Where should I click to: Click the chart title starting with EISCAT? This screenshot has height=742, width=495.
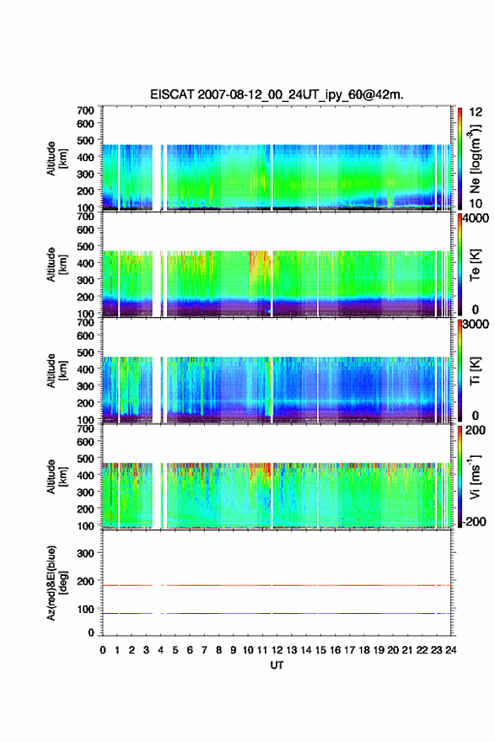[x=277, y=94]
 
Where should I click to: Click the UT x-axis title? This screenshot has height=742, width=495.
[x=277, y=665]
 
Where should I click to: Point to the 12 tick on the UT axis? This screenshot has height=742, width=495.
[x=277, y=650]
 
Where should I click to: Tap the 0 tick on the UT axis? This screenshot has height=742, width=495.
[x=103, y=650]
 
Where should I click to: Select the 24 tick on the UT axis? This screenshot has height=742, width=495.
[x=450, y=650]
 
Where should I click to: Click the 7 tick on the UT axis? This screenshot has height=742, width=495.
[x=204, y=650]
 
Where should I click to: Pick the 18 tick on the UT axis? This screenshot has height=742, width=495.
[x=364, y=650]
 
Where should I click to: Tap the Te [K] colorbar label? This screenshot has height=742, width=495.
[x=475, y=265]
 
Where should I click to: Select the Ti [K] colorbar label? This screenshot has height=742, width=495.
[x=475, y=371]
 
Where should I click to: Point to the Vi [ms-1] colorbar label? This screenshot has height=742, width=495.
[x=475, y=476]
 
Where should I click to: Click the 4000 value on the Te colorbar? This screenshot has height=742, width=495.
[x=476, y=218]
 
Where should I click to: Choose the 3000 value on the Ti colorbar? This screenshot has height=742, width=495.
[x=476, y=324]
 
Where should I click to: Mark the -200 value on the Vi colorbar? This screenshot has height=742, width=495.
[x=473, y=521]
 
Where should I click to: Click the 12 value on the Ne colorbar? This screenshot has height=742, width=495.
[x=476, y=112]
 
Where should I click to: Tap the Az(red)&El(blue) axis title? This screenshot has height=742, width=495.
[x=56, y=583]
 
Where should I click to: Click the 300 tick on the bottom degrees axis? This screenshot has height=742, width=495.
[x=86, y=553]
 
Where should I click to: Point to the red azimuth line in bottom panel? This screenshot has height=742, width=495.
[x=277, y=585]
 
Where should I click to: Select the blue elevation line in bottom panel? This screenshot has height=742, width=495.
[x=277, y=613]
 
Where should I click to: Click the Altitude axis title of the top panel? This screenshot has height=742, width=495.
[x=56, y=159]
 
